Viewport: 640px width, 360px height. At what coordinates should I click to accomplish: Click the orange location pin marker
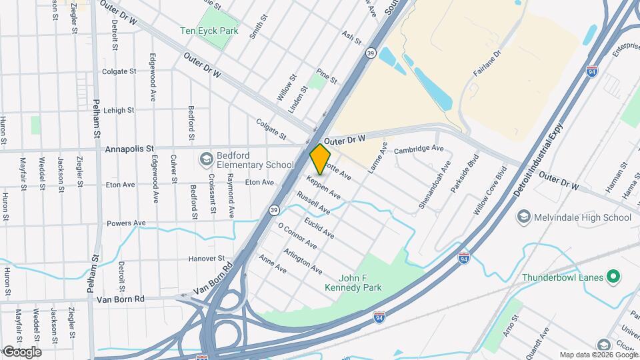tap(321, 159)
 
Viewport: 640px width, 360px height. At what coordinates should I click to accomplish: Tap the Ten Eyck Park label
tap(209, 31)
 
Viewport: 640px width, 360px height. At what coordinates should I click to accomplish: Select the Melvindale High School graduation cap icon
tap(524, 217)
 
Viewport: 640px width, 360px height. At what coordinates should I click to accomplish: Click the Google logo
tap(21, 352)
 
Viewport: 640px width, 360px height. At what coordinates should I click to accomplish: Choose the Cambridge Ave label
tap(419, 149)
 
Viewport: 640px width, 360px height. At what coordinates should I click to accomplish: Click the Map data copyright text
tap(597, 355)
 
